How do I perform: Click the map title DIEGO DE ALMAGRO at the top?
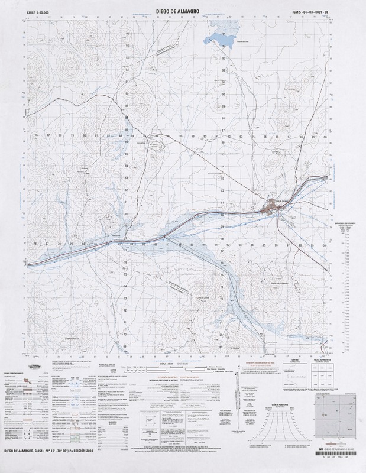(183, 11)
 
